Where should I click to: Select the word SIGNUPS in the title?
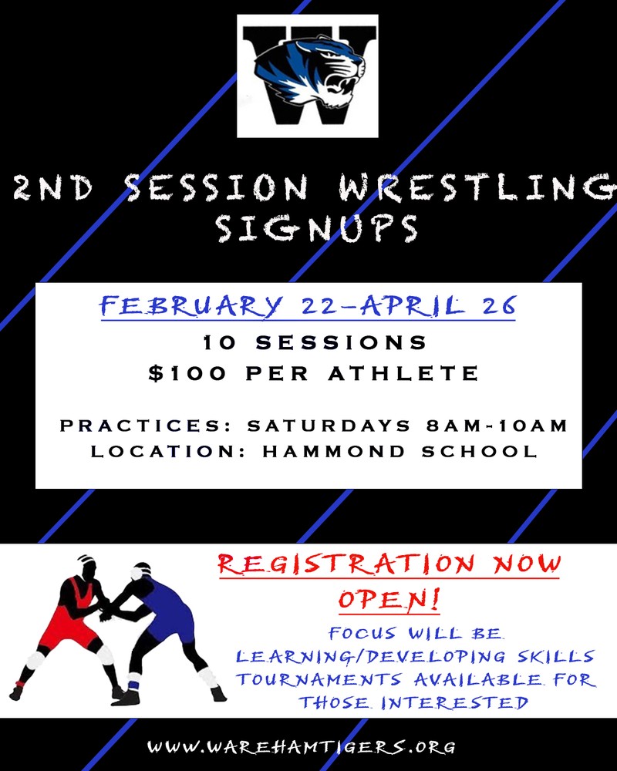(x=316, y=228)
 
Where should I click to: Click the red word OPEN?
(x=389, y=598)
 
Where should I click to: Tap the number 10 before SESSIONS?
(x=216, y=340)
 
